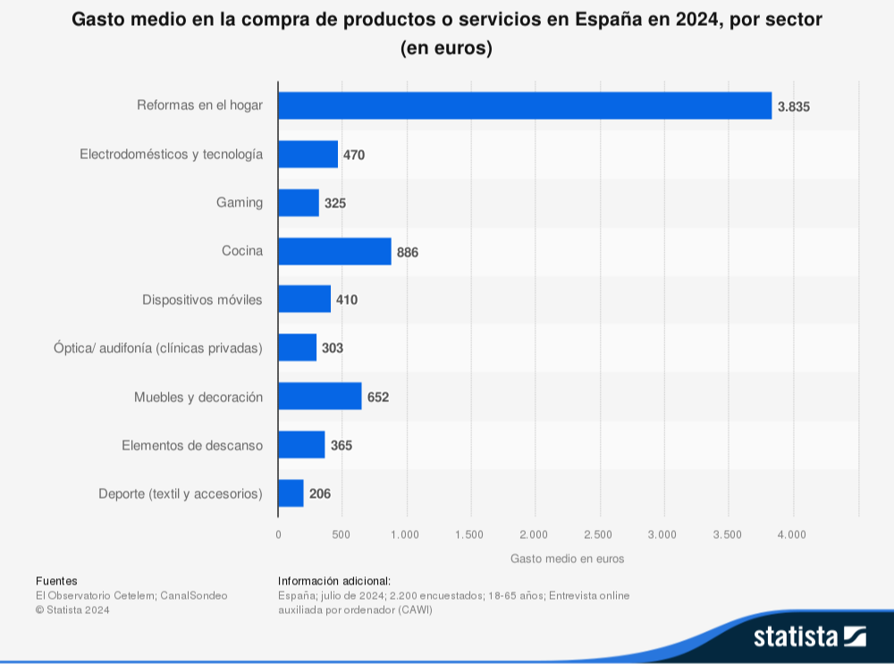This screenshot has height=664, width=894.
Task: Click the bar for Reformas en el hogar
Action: [524, 105]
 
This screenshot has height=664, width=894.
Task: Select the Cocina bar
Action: [334, 251]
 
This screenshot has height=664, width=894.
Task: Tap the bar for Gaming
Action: [299, 203]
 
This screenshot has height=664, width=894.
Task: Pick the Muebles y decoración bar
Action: [320, 396]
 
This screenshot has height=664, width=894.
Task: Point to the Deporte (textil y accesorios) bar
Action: [291, 493]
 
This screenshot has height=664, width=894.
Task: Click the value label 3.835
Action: [793, 106]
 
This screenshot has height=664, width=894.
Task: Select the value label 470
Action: [354, 155]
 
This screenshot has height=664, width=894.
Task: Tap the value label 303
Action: [333, 348]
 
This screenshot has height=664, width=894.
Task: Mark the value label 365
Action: [342, 444]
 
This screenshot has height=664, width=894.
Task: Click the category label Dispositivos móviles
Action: [202, 299]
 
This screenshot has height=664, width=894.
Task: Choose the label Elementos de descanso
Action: [192, 444]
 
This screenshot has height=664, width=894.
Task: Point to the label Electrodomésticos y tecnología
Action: [172, 155]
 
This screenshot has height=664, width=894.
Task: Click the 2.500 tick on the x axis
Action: [598, 534]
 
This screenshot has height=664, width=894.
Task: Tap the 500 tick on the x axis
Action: [342, 534]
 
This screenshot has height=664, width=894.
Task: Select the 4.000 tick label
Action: [791, 534]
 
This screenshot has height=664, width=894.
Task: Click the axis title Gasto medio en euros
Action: [567, 559]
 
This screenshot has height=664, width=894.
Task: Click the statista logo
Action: [809, 636]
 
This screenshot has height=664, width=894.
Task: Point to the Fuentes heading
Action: [56, 581]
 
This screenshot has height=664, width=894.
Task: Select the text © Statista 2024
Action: [72, 609]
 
